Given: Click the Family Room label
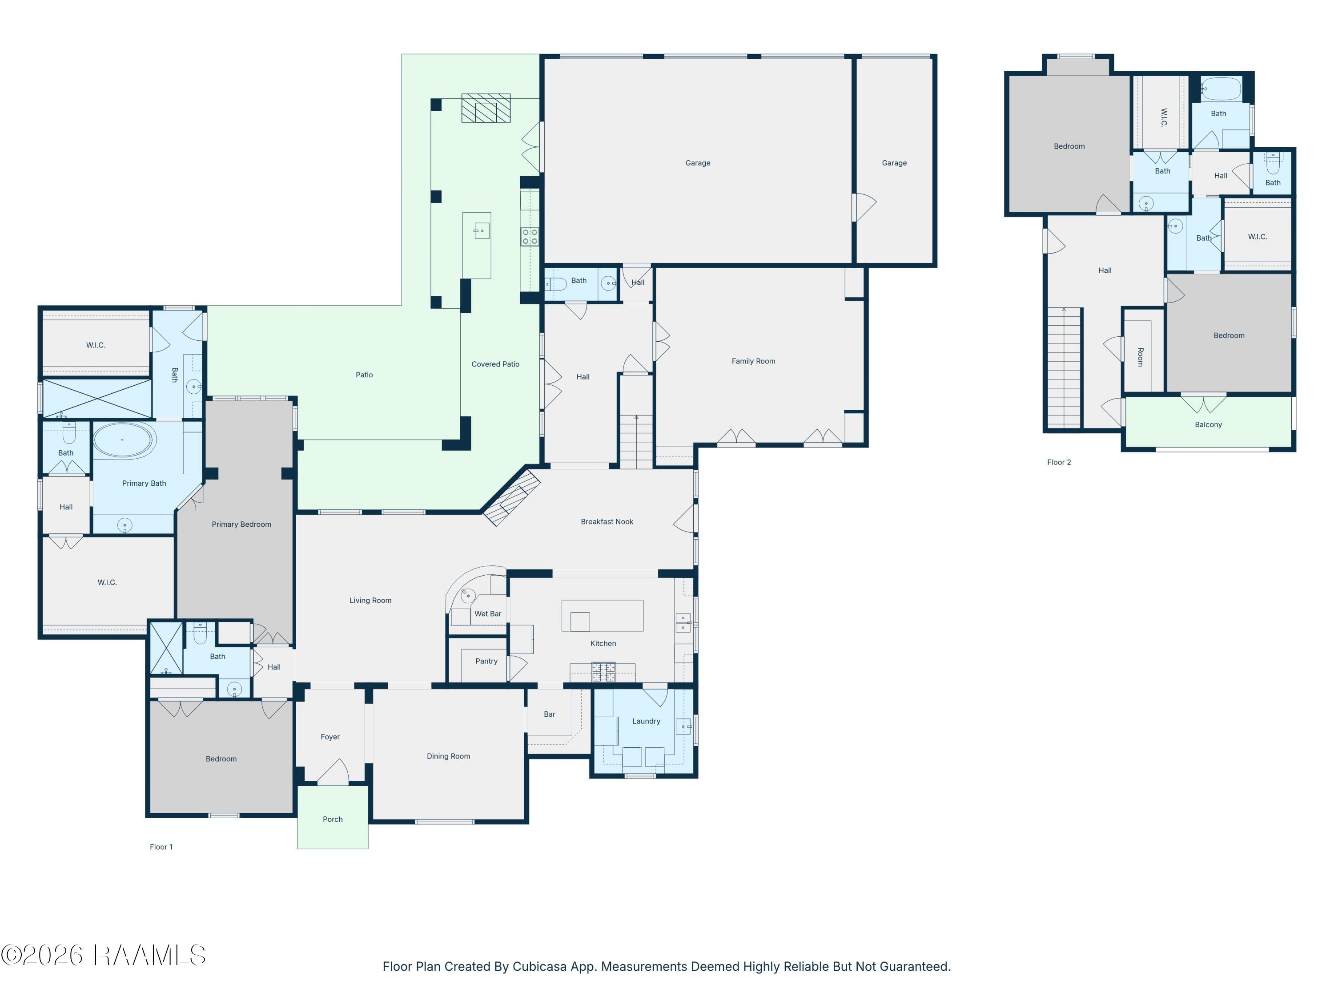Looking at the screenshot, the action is pos(753,361).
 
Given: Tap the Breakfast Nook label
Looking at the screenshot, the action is pos(607,522).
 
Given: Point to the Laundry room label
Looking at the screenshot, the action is pos(646,721).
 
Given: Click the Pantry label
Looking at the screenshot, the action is pos(486,661).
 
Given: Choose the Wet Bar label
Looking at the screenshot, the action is pos(487,614).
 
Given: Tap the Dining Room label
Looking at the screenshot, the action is pos(448,756).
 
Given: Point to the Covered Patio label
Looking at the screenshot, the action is pos(495,364).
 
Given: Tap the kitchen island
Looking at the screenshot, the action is pos(602,615).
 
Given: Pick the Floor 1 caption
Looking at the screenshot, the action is pos(161,847).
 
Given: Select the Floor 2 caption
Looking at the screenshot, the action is pos(1059,462).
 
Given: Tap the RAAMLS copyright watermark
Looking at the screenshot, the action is pos(103,955).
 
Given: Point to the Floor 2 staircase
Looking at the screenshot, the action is pos(1064,367).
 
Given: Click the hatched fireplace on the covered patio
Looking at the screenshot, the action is pos(486,108).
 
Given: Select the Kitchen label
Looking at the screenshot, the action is pos(603,644).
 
